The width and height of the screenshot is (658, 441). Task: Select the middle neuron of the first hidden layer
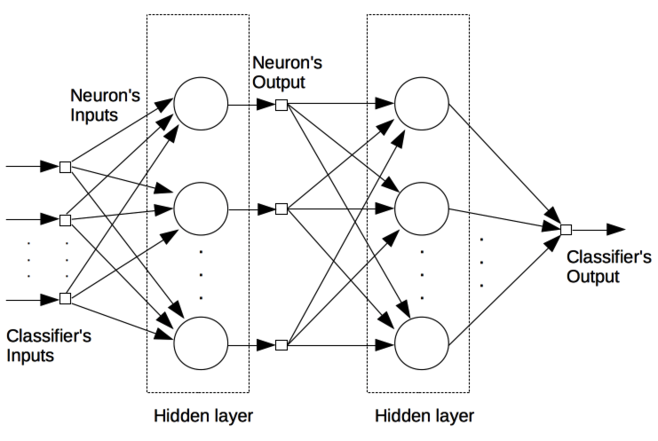click(x=201, y=209)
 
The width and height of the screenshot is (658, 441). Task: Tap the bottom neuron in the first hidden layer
click(x=201, y=343)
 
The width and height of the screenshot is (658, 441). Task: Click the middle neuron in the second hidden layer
click(x=421, y=209)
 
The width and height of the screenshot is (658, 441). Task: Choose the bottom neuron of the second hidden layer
click(x=421, y=343)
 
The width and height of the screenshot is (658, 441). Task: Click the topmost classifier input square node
click(x=65, y=166)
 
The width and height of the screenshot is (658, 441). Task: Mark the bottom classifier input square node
click(x=65, y=298)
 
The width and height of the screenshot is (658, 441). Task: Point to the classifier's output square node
click(x=566, y=230)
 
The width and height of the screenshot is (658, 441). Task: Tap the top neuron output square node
click(x=281, y=105)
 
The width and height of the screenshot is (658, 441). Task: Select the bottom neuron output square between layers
click(x=281, y=343)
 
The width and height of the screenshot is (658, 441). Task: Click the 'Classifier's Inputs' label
click(x=49, y=346)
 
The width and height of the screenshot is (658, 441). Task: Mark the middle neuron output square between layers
click(x=281, y=209)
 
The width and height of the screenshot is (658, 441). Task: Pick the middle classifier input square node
click(x=65, y=219)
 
